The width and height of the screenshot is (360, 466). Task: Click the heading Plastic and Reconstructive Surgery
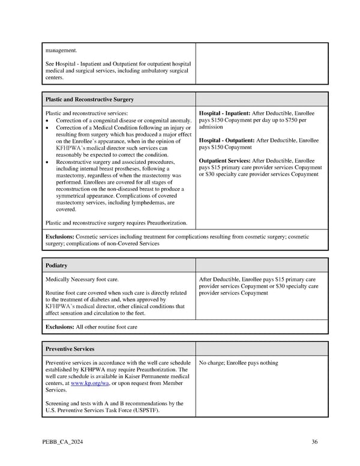pyautogui.click(x=89, y=99)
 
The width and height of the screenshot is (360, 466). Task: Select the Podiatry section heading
pyautogui.click(x=56, y=265)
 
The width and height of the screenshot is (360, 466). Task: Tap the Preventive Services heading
pyautogui.click(x=70, y=348)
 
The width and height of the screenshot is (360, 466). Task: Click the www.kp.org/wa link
pyautogui.click(x=86, y=383)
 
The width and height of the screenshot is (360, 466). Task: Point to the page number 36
pyautogui.click(x=314, y=443)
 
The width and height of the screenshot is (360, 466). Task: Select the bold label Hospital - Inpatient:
pyautogui.click(x=226, y=113)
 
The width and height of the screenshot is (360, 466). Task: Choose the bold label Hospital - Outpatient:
pyautogui.click(x=227, y=141)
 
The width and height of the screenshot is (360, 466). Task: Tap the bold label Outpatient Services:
pyautogui.click(x=225, y=161)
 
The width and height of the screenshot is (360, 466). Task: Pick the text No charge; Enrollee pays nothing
pyautogui.click(x=238, y=363)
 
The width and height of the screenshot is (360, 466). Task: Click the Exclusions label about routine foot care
pyautogui.click(x=60, y=327)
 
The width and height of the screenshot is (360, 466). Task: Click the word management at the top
pyautogui.click(x=61, y=50)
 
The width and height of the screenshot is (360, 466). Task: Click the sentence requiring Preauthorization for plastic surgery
pyautogui.click(x=116, y=223)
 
